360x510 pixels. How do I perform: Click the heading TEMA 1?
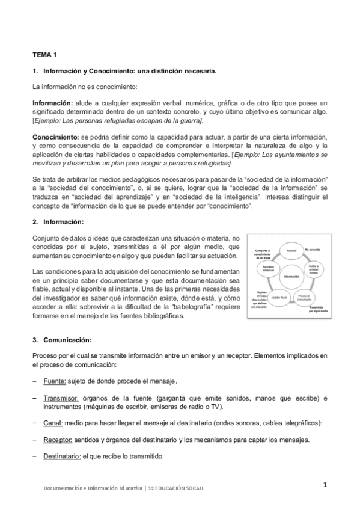(x=44, y=54)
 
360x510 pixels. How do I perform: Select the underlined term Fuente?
(x=58, y=381)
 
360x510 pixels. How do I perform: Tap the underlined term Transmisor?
(x=61, y=398)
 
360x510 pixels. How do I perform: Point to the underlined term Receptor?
(x=61, y=440)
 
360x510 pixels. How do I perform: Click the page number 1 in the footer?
(x=325, y=485)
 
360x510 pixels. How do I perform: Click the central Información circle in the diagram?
(x=291, y=276)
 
